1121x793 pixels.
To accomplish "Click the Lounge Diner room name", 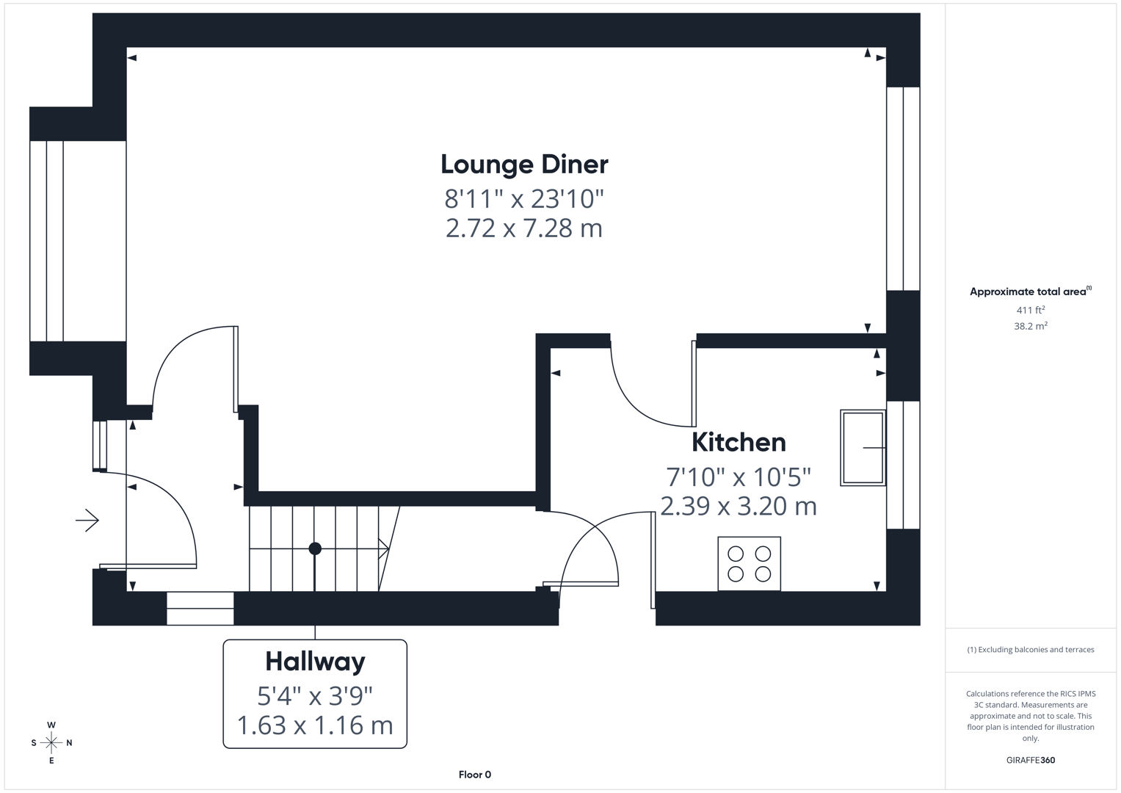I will click(524, 164).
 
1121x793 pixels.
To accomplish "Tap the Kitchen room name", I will click(739, 442).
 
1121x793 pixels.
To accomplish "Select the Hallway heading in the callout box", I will click(315, 662).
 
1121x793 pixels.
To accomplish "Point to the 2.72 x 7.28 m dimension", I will click(524, 228).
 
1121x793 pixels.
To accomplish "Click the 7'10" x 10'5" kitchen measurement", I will click(739, 477).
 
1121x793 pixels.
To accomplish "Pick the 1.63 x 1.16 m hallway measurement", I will click(315, 725).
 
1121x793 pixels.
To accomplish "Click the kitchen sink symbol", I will click(863, 448).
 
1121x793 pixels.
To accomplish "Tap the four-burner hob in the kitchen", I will click(749, 564).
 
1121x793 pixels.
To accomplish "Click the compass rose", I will click(51, 743).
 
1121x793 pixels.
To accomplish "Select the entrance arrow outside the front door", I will click(87, 521).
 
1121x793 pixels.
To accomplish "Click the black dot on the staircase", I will click(315, 548).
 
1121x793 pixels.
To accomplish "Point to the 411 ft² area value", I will click(1030, 310).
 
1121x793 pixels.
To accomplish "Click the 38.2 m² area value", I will click(1030, 326).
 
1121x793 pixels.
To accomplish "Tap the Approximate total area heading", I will click(1029, 292).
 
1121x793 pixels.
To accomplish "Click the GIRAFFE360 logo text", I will click(1030, 760).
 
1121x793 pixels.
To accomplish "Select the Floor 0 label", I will click(474, 775).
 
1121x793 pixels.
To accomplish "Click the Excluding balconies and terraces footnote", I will click(1030, 650).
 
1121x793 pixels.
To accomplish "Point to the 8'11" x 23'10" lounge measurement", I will click(524, 198).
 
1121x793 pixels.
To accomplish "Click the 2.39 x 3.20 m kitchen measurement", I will click(739, 507).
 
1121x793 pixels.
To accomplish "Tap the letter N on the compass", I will click(69, 743).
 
